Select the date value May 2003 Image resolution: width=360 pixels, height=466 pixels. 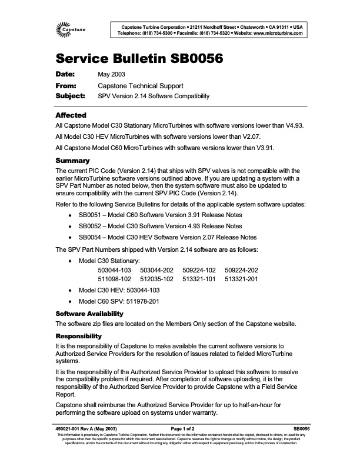click(x=109, y=75)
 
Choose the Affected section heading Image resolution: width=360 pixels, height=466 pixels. click(x=71, y=115)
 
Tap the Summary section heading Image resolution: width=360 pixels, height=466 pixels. click(x=72, y=161)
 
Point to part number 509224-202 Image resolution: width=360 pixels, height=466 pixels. click(x=242, y=270)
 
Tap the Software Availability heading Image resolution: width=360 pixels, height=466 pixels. click(x=89, y=313)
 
